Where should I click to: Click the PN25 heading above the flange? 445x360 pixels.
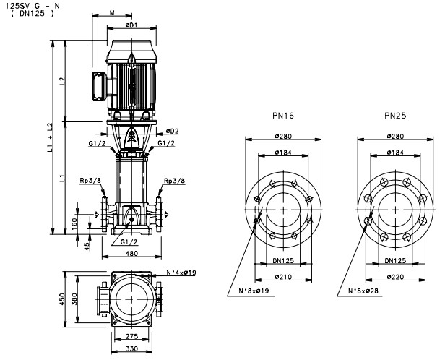tap(394, 116)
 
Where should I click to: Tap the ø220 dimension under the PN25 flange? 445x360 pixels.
tap(394, 277)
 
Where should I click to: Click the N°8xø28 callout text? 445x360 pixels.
tap(358, 291)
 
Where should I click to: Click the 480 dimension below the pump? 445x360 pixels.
tap(131, 253)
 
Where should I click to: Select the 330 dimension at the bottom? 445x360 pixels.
tap(131, 349)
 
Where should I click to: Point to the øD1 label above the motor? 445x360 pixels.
tap(131, 25)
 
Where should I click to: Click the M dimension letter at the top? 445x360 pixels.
tap(113, 12)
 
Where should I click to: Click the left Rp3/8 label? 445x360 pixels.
tap(93, 181)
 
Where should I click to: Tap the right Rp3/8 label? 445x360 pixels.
tap(174, 181)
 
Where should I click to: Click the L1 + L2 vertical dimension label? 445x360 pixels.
tap(50, 136)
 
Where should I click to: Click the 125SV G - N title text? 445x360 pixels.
tap(31, 6)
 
